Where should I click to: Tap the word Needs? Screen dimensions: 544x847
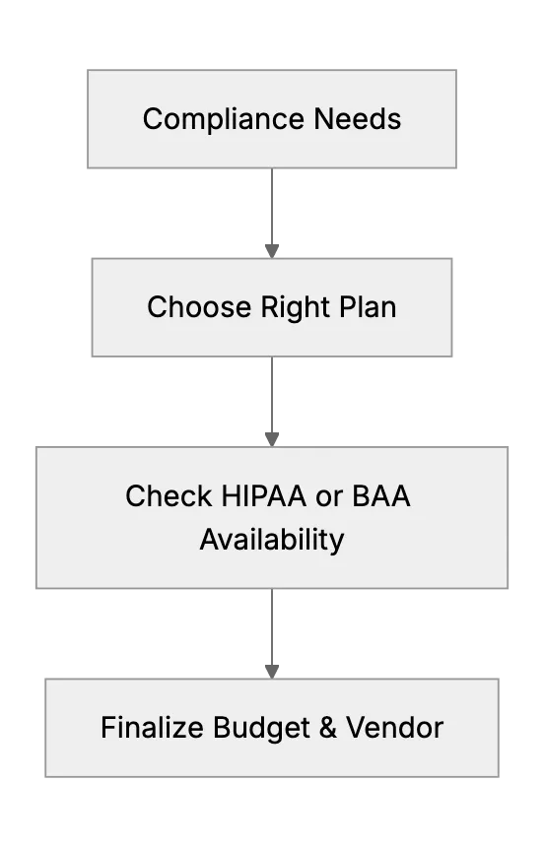click(x=358, y=119)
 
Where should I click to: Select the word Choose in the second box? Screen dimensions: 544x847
click(x=199, y=307)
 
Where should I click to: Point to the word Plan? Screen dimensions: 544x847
click(x=368, y=307)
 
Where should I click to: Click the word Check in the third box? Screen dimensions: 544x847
click(x=169, y=495)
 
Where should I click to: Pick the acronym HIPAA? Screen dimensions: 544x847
click(x=264, y=495)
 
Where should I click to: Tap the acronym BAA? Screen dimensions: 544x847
click(x=381, y=495)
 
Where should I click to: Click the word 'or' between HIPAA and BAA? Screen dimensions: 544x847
click(x=329, y=498)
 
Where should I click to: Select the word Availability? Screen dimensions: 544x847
click(x=272, y=540)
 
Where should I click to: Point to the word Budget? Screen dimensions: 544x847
click(x=261, y=728)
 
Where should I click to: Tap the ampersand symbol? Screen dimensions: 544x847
click(x=328, y=727)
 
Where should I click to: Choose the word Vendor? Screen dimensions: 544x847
click(x=395, y=727)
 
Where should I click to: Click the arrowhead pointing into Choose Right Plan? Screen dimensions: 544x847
click(x=272, y=251)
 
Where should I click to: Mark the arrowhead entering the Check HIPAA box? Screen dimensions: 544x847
click(x=272, y=439)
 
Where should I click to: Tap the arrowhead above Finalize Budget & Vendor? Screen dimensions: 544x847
click(x=272, y=672)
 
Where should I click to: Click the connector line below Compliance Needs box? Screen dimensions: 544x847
click(x=272, y=207)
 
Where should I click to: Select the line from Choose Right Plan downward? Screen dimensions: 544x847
click(x=272, y=395)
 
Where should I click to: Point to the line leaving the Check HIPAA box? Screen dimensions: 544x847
click(x=272, y=626)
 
